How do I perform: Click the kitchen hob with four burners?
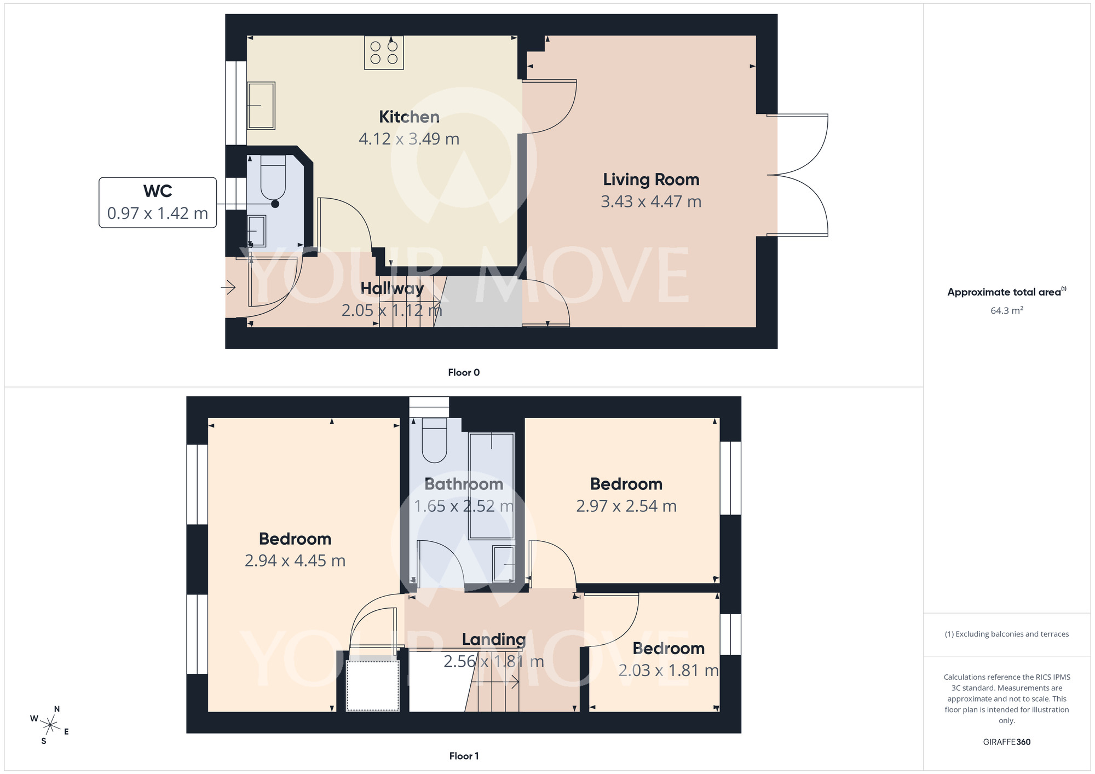[384, 53]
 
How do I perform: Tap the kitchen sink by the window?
[261, 106]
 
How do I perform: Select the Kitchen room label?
[409, 117]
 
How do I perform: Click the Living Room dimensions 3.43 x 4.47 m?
[651, 201]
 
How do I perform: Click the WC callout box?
[158, 203]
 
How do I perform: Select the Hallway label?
[392, 288]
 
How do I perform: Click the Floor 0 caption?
[464, 372]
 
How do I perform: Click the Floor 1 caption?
[464, 756]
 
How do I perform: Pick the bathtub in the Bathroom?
[491, 486]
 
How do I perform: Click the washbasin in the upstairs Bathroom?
[504, 564]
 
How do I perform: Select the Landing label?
[493, 639]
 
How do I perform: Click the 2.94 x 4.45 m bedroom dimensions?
[295, 561]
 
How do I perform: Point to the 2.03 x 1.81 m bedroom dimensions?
[668, 670]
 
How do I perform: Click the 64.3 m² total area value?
[1006, 310]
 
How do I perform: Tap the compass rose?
[50, 726]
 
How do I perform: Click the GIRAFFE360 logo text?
[1006, 742]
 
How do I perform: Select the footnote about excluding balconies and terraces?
[1006, 634]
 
